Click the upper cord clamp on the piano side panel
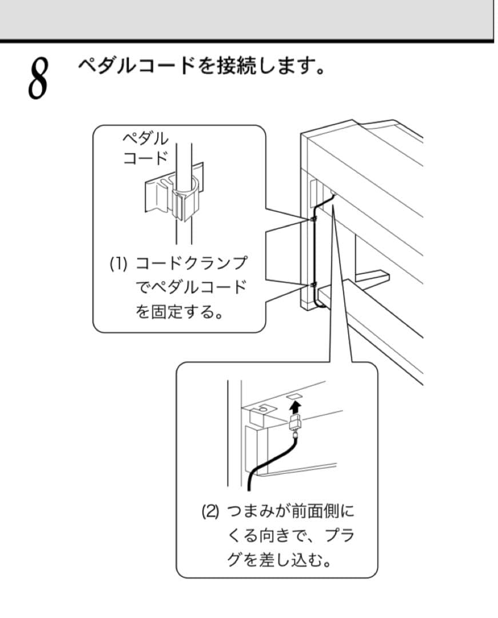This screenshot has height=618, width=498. click(x=313, y=219)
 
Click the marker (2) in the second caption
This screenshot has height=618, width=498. click(x=209, y=510)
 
